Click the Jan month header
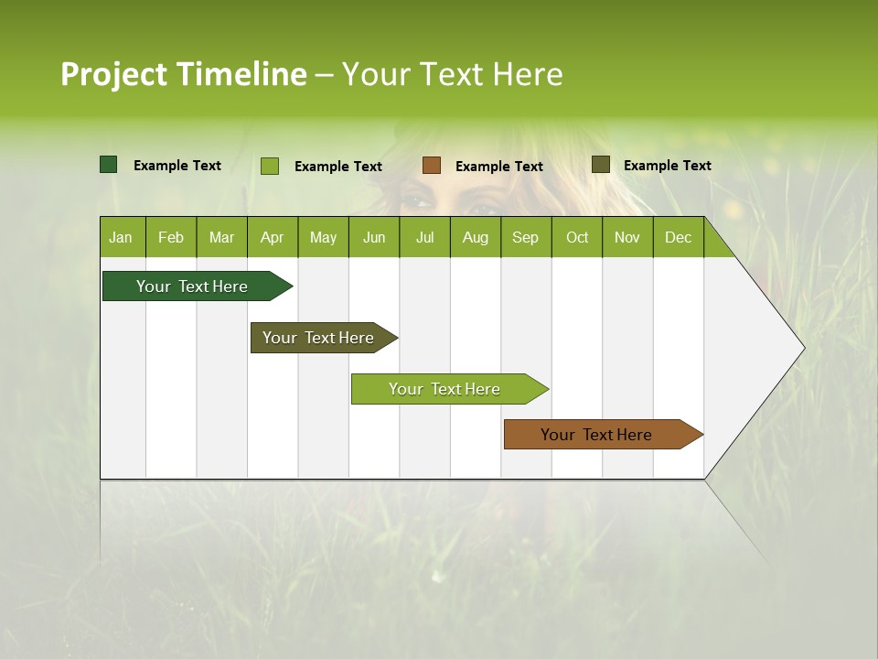122,238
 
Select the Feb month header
171,238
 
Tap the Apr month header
273,238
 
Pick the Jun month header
374,238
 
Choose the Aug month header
475,238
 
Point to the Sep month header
526,238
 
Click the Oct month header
577,238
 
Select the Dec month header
679,238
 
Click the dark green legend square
109,165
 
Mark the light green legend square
270,166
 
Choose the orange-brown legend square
432,166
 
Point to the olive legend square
601,165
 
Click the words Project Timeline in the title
184,74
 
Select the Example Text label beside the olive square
668,166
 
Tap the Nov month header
627,238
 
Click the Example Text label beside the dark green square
177,166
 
